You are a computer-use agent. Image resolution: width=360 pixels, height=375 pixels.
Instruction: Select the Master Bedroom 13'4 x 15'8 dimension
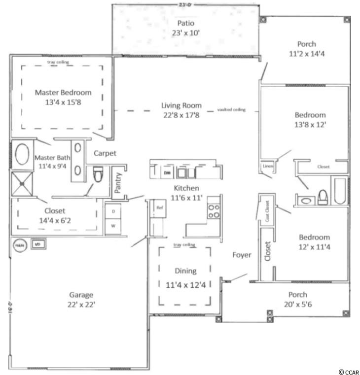click(63, 102)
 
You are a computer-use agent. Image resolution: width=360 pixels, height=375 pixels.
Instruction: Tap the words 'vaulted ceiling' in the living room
click(231, 110)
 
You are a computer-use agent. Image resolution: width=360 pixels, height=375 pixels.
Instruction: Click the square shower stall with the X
click(21, 182)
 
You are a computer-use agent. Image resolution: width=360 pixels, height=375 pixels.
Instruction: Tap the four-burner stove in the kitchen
click(213, 211)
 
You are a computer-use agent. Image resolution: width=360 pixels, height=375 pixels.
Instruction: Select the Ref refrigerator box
click(159, 207)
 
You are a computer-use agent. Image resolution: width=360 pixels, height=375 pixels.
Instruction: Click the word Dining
click(185, 271)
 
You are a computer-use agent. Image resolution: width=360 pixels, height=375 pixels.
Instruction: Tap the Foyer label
click(242, 255)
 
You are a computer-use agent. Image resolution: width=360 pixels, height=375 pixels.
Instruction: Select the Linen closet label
click(267, 167)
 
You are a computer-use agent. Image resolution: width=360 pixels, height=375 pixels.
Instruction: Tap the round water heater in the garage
click(19, 244)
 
